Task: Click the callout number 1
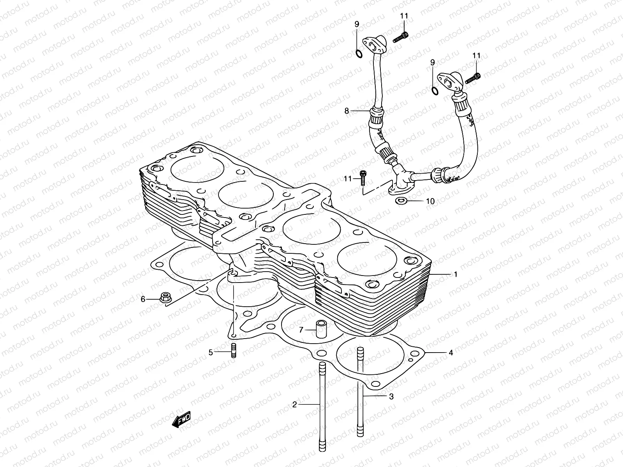pyautogui.click(x=455, y=275)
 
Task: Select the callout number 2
pyautogui.click(x=295, y=405)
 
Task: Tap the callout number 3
pyautogui.click(x=391, y=397)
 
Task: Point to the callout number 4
pyautogui.click(x=451, y=353)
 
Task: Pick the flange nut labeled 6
pyautogui.click(x=165, y=298)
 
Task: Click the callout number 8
pyautogui.click(x=347, y=111)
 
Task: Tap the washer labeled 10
pyautogui.click(x=401, y=201)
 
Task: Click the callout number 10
pyautogui.click(x=430, y=201)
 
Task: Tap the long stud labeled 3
pyautogui.click(x=360, y=393)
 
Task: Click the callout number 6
pyautogui.click(x=143, y=299)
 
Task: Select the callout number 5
pyautogui.click(x=211, y=353)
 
